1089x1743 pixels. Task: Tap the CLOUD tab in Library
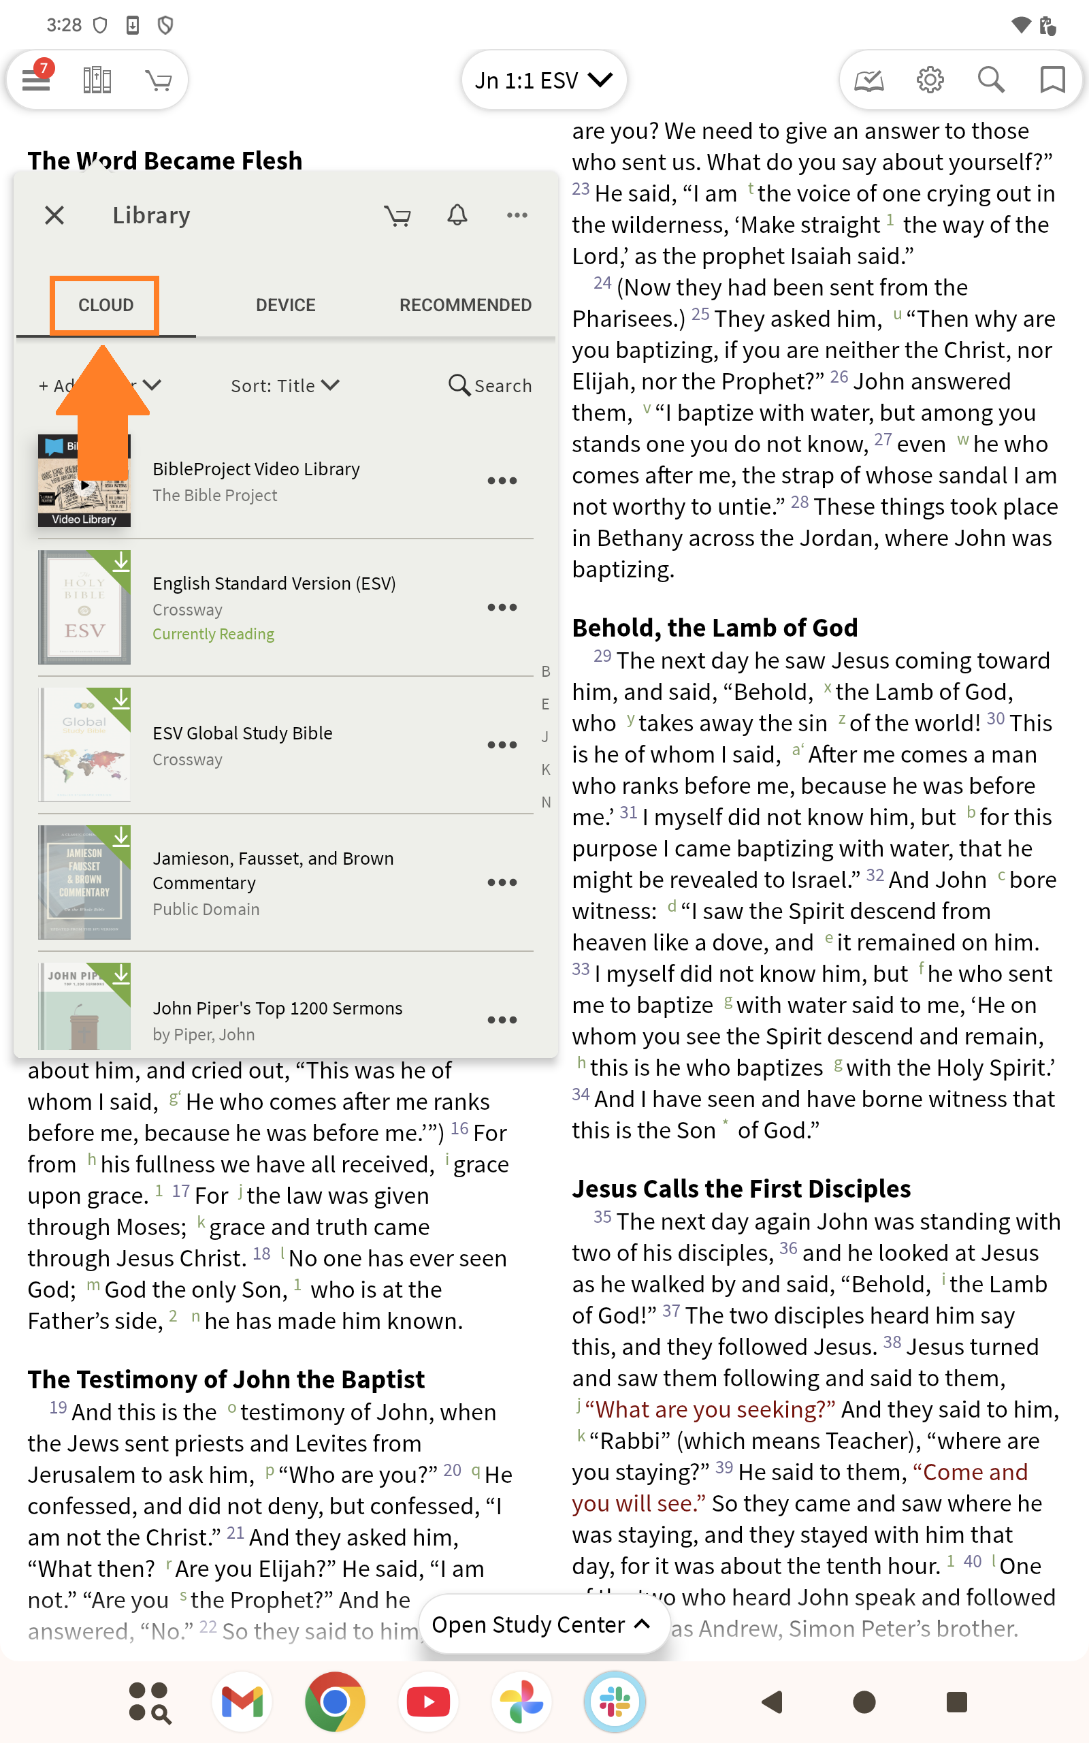(105, 304)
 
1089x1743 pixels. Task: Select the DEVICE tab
(285, 304)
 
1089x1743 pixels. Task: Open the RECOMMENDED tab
(466, 304)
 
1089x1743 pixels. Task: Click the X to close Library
(54, 214)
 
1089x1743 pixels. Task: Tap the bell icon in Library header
(457, 214)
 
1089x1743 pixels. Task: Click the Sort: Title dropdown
(285, 385)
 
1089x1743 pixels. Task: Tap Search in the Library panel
(491, 385)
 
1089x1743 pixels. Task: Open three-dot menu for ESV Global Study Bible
(502, 745)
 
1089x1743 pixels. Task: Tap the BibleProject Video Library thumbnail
(84, 481)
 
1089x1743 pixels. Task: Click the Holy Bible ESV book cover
(84, 607)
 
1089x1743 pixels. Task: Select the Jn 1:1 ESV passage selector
(543, 80)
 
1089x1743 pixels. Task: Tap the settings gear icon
(930, 80)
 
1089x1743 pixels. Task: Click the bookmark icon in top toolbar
(1052, 80)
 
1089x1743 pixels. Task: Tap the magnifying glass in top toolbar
(991, 80)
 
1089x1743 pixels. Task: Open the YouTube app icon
(428, 1702)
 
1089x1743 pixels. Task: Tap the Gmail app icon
(242, 1702)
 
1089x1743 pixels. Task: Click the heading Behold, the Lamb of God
(715, 627)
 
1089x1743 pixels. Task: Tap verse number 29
(602, 657)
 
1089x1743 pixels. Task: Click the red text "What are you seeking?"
(710, 1409)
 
